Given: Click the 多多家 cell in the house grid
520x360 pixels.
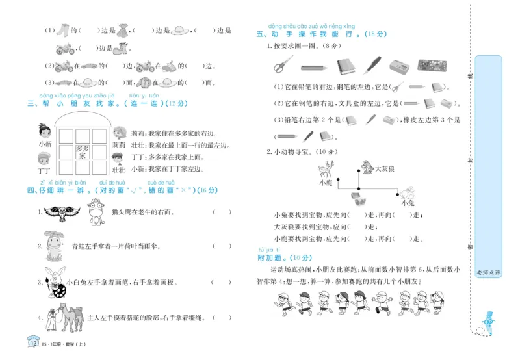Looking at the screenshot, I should point(83,151).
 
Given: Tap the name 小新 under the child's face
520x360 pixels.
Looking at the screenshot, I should point(44,144).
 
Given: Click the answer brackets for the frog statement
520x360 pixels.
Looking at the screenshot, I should point(221,246).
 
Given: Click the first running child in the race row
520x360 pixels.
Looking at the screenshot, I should point(281,303).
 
